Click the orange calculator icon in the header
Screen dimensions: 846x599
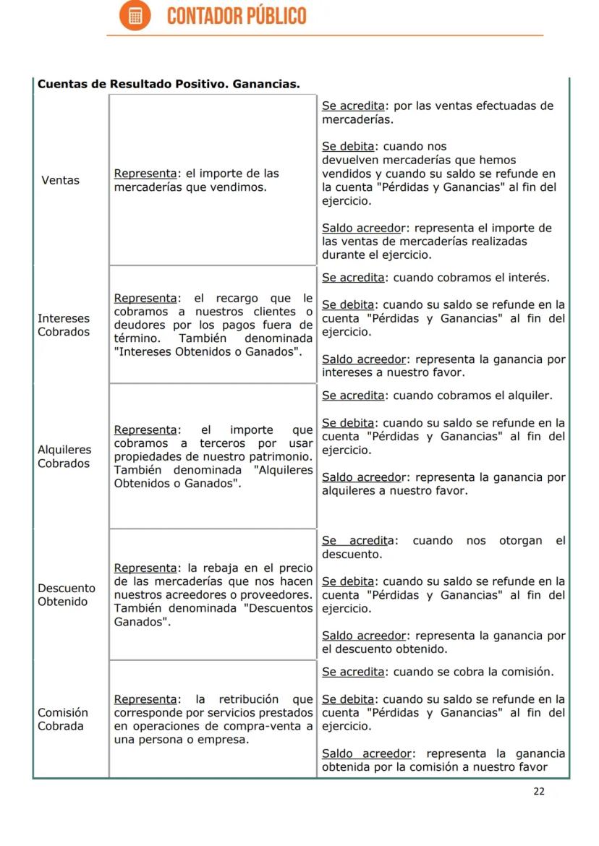point(135,16)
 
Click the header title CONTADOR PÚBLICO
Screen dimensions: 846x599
point(237,16)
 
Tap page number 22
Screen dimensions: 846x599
point(539,791)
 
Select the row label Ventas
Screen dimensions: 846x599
point(61,180)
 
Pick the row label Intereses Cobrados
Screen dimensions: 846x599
point(64,325)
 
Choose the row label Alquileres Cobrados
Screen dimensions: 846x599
point(64,456)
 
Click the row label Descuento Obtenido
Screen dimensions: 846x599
point(67,594)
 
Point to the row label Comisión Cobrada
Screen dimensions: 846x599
point(63,719)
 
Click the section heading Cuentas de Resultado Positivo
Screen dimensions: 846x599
point(168,85)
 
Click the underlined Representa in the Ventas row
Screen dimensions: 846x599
point(145,174)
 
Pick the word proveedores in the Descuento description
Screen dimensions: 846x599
point(277,594)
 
